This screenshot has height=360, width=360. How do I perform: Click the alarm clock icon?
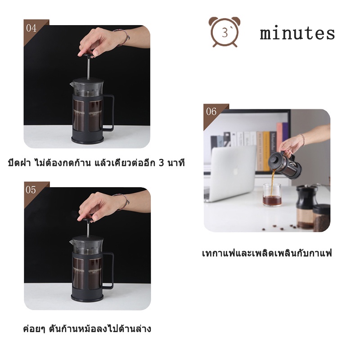point(224,32)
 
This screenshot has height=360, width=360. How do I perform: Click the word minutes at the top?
point(297,33)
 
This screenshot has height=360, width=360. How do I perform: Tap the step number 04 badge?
point(31,28)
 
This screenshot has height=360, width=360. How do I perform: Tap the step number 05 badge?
point(31,190)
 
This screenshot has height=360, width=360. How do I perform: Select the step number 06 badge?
point(211,112)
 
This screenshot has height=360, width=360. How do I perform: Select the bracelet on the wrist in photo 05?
point(122,199)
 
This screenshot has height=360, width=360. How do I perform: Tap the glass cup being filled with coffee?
point(272,194)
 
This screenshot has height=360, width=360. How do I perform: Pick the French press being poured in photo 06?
point(282,165)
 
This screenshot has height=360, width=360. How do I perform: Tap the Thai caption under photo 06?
point(266,253)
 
